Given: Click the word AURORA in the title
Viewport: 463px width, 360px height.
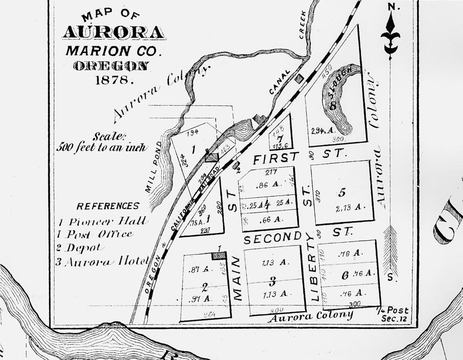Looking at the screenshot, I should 113,32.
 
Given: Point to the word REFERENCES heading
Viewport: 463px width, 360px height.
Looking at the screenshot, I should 108,206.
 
